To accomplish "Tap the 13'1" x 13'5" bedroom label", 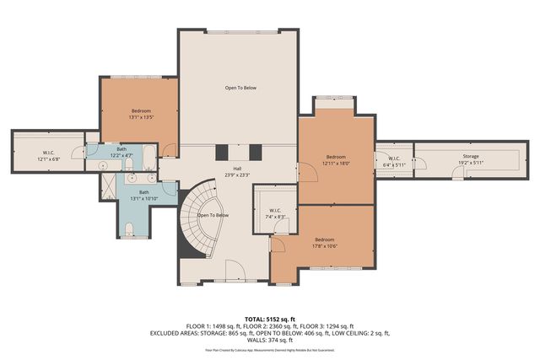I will click(x=141, y=115).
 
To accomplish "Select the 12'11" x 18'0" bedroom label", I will click(x=337, y=160).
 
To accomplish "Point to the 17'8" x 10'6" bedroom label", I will click(x=325, y=242).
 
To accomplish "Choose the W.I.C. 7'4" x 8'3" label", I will click(x=275, y=213).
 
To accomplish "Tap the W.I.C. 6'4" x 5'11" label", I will click(x=393, y=161).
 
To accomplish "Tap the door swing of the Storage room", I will click(x=459, y=173).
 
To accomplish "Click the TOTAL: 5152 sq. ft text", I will click(x=269, y=319).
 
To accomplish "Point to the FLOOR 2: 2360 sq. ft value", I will click(x=270, y=326).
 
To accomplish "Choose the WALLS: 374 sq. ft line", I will click(x=270, y=341).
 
